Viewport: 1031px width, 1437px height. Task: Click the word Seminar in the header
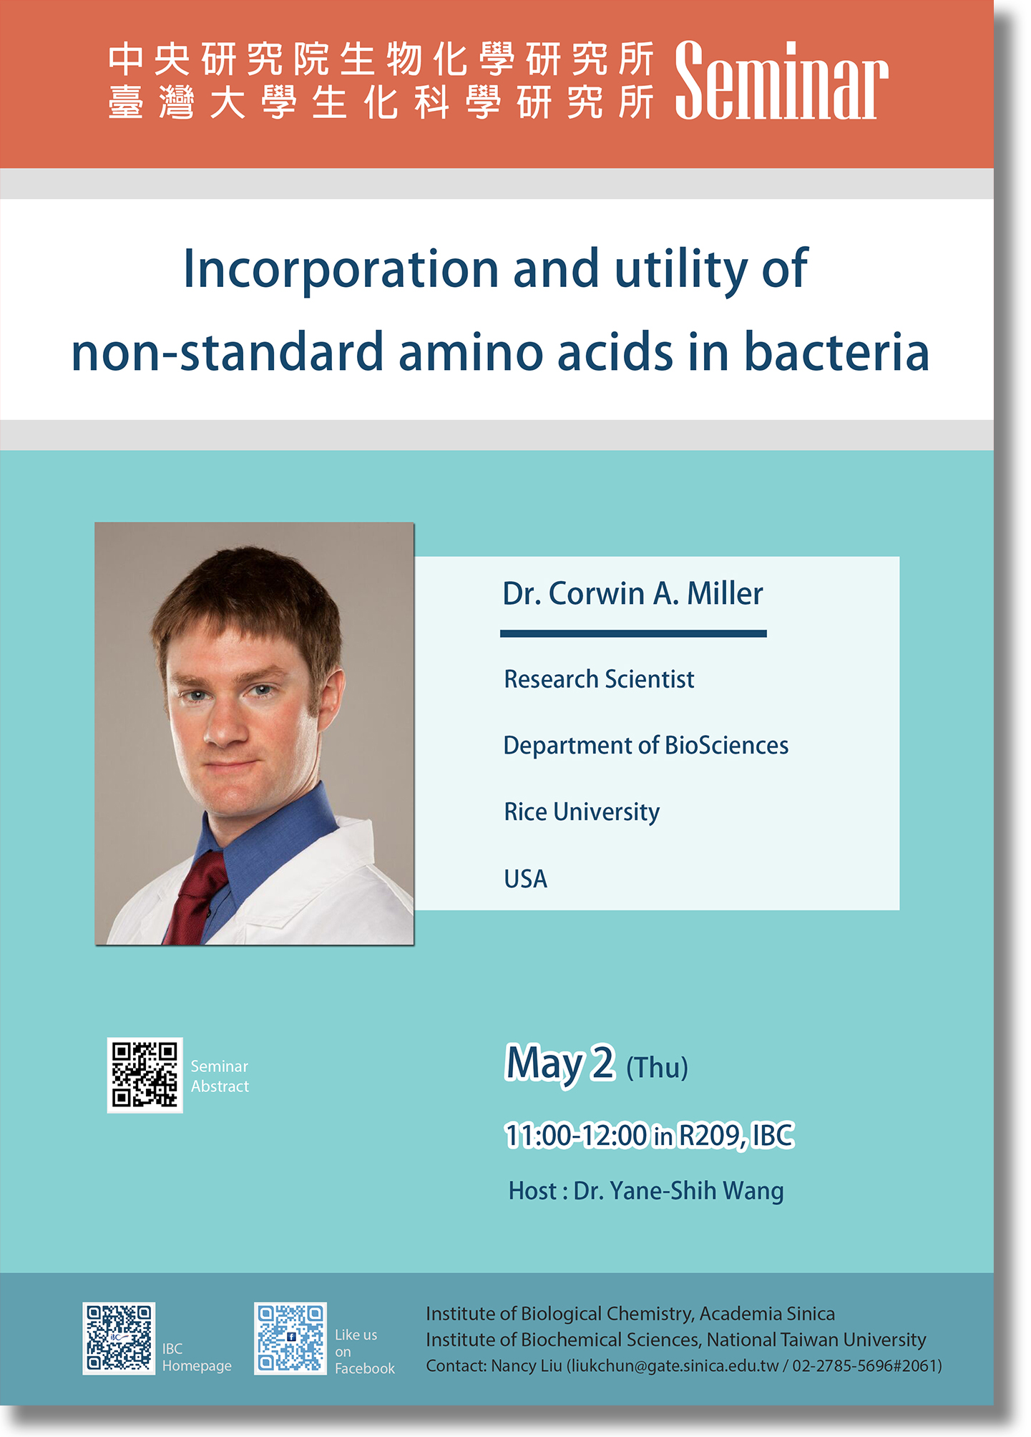[x=781, y=81]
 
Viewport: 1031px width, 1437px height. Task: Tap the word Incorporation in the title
[x=341, y=270]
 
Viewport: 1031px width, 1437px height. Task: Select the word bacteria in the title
[x=836, y=352]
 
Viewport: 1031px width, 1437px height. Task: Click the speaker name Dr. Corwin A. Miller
[x=632, y=593]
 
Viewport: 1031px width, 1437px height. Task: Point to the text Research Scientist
[x=599, y=679]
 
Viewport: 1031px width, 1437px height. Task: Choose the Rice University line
[x=582, y=812]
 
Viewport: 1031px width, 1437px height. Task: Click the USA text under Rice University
[x=526, y=879]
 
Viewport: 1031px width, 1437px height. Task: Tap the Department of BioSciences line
[x=646, y=746]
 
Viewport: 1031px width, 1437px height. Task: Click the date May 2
[x=560, y=1063]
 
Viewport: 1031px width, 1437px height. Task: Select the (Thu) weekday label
[x=657, y=1068]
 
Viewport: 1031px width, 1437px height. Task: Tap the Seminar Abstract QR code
[x=145, y=1075]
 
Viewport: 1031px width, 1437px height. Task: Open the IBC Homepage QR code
[x=119, y=1338]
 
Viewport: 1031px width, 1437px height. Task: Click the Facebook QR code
[x=290, y=1338]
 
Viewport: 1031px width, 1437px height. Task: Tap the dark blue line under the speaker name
[x=633, y=633]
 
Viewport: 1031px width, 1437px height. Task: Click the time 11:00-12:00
[x=576, y=1136]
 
